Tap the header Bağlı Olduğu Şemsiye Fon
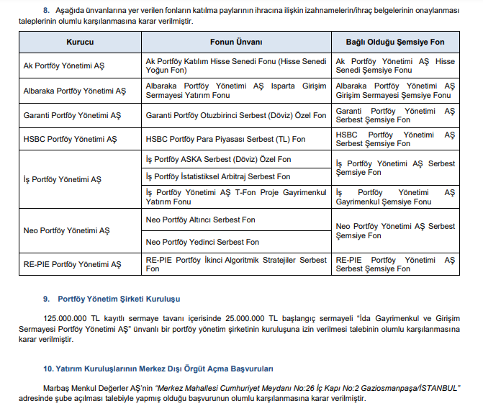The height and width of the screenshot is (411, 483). pyautogui.click(x=395, y=42)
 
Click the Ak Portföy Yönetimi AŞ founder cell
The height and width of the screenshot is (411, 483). pyautogui.click(x=64, y=66)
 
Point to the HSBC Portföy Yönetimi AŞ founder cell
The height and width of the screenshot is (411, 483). pyautogui.click(x=69, y=139)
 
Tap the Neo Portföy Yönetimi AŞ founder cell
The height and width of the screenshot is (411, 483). pyautogui.click(x=66, y=230)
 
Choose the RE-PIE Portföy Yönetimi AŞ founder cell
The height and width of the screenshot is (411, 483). pyautogui.click(x=72, y=264)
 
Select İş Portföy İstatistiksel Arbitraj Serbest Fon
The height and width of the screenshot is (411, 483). pyautogui.click(x=217, y=176)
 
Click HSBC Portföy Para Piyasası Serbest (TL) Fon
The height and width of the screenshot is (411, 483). pyautogui.click(x=225, y=139)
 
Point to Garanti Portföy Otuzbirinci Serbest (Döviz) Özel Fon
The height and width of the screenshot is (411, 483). pyautogui.click(x=235, y=115)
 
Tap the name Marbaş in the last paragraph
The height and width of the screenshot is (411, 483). pyautogui.click(x=58, y=387)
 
